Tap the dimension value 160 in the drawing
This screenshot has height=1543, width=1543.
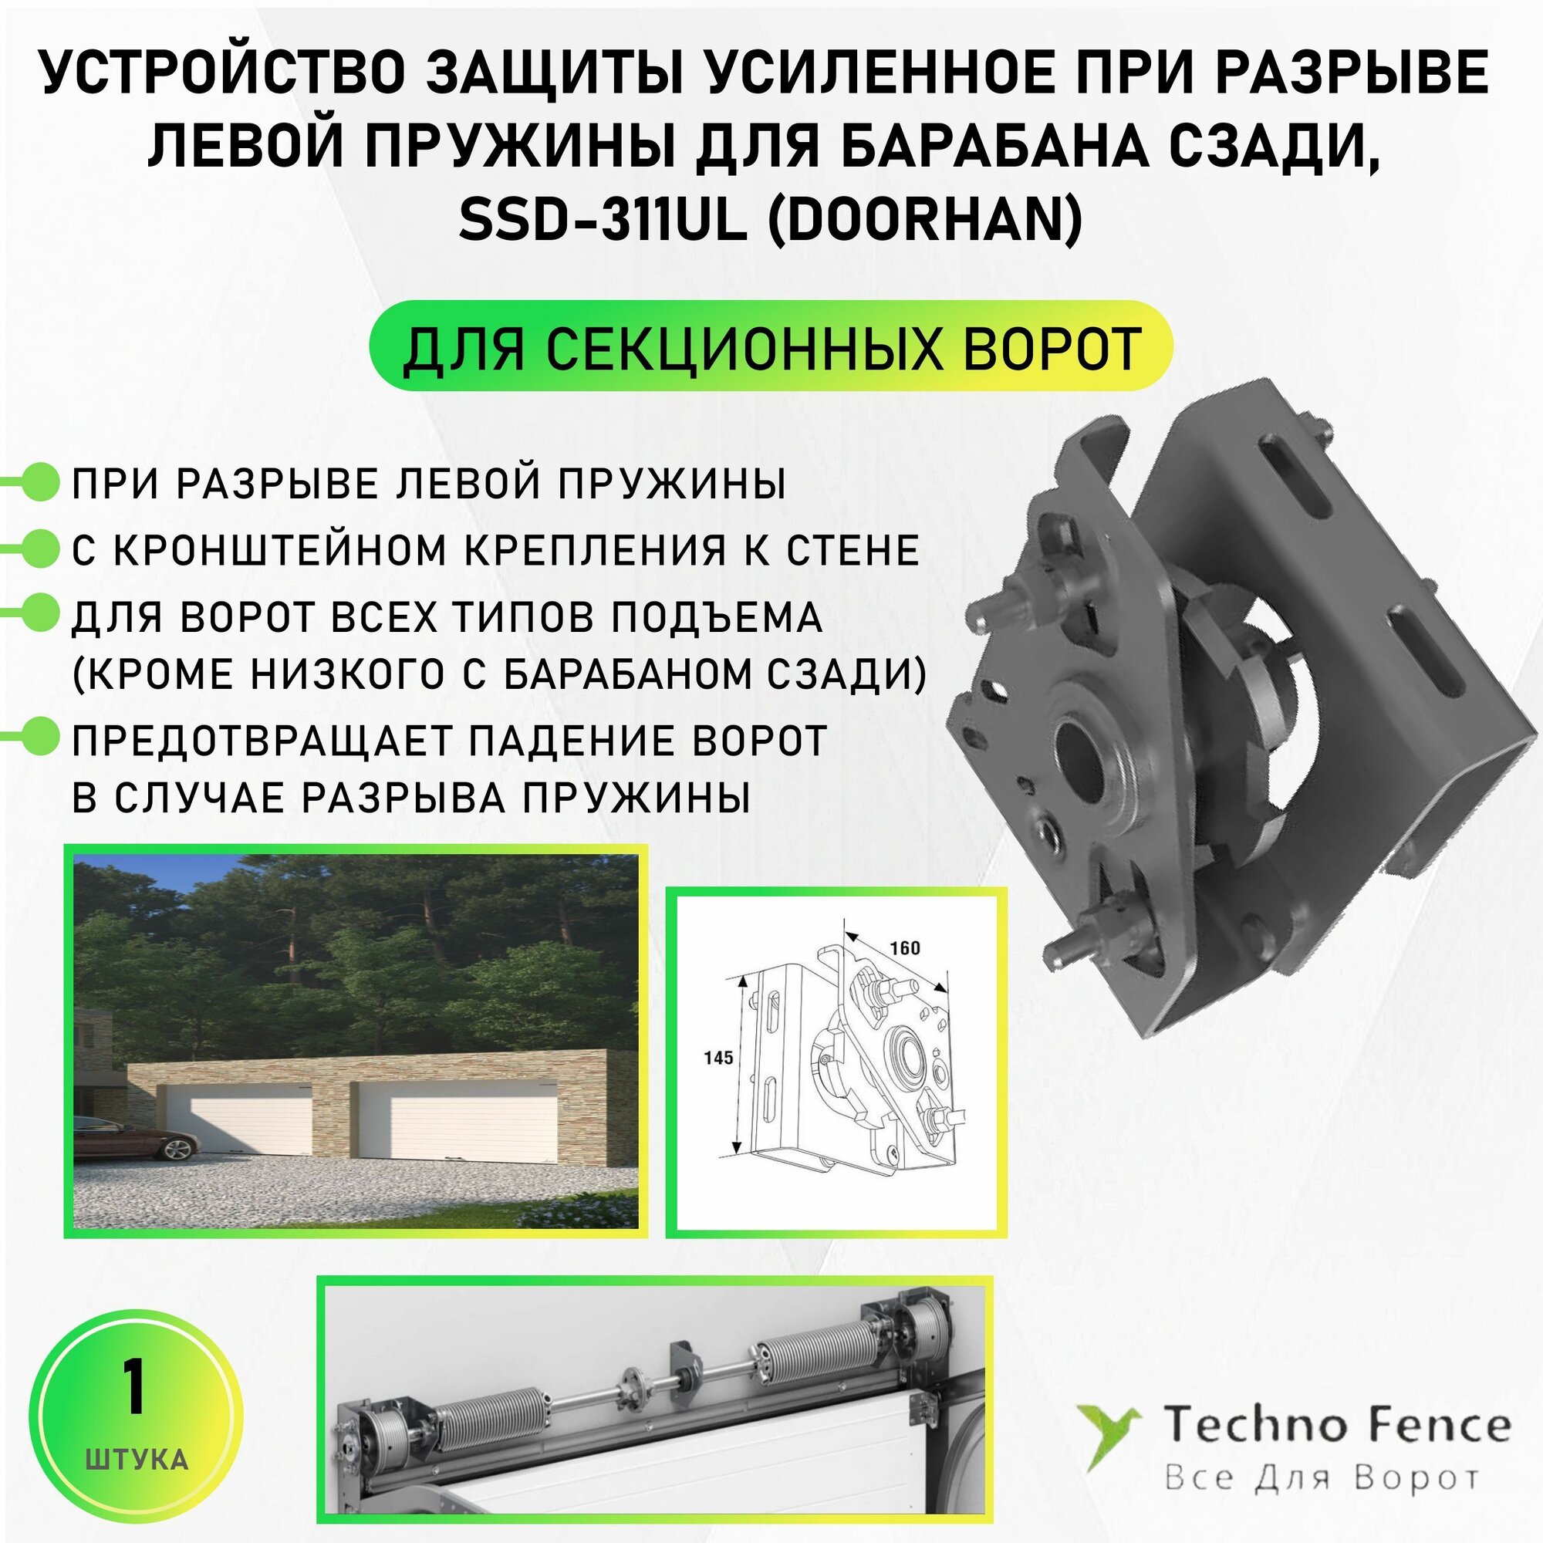tap(904, 948)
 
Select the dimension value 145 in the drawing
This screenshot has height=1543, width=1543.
tap(718, 1058)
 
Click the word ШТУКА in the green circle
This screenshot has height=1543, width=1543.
tap(136, 1460)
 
